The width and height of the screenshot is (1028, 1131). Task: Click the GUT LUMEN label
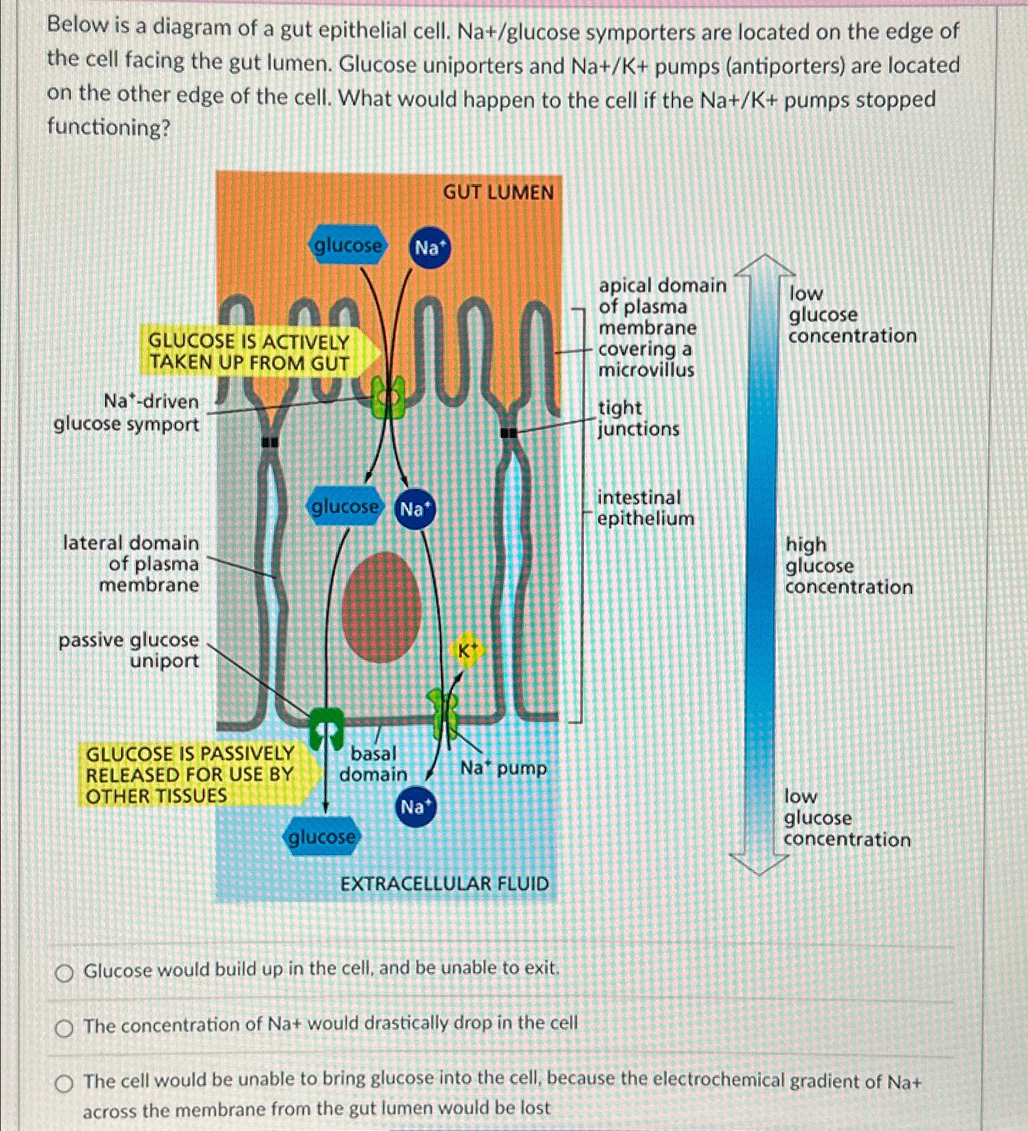tap(498, 192)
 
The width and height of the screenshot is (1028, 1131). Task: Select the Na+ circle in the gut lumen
tap(430, 247)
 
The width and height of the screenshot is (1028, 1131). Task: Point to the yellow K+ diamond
tap(466, 651)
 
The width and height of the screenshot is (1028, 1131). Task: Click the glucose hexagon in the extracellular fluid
tap(321, 836)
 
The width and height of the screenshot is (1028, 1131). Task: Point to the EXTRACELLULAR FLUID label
tap(444, 884)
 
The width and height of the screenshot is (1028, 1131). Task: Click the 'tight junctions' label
tap(638, 419)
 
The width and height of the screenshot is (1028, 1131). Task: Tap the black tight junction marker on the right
tap(508, 433)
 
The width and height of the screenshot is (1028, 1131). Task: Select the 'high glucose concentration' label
tap(848, 566)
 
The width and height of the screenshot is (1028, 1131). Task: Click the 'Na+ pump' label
tap(503, 767)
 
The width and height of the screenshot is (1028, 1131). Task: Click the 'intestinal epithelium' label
tap(645, 508)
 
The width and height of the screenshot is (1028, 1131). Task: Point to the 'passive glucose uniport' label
tap(129, 650)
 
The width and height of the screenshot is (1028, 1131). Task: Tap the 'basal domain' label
tap(373, 764)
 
